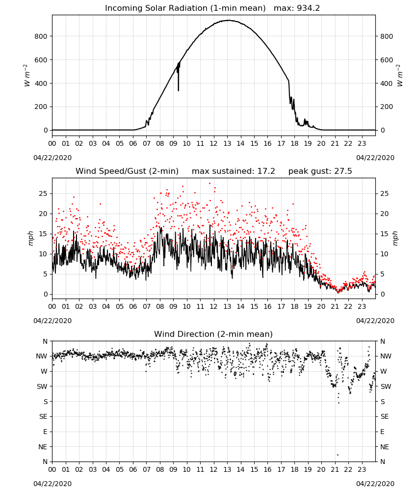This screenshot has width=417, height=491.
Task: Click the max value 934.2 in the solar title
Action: pos(308,8)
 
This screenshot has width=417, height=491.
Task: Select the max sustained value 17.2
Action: pos(266,171)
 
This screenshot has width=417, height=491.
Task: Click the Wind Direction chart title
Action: pos(213,334)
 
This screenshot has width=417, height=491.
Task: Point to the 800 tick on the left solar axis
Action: pos(41,36)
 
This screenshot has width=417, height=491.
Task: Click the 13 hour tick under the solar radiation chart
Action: pos(227,143)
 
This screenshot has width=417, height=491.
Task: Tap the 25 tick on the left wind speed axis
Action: pos(43,193)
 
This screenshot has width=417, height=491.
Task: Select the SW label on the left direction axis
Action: pos(42,386)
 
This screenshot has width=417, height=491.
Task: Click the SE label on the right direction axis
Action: pos(385,416)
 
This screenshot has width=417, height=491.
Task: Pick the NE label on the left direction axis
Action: pos(43,447)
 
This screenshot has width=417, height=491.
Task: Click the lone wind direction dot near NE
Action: pos(338,455)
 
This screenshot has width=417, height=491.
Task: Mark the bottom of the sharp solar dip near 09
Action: pos(178,90)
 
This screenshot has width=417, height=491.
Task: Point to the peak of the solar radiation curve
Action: pos(228,20)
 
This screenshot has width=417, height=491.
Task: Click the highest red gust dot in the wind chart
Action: pos(209,183)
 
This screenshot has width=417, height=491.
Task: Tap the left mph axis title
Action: pos(30,238)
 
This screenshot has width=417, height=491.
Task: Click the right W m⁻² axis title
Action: pos(400,75)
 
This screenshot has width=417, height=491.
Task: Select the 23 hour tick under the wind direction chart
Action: pos(362,469)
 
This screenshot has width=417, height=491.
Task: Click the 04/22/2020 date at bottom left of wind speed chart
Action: pos(52,321)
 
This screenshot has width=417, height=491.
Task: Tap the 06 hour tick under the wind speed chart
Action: pos(133,306)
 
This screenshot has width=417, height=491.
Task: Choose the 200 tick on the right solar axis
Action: pos(387,107)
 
